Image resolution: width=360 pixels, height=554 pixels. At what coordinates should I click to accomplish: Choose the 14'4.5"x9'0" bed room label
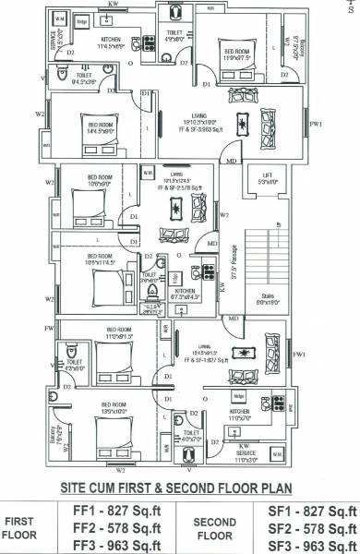101,128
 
